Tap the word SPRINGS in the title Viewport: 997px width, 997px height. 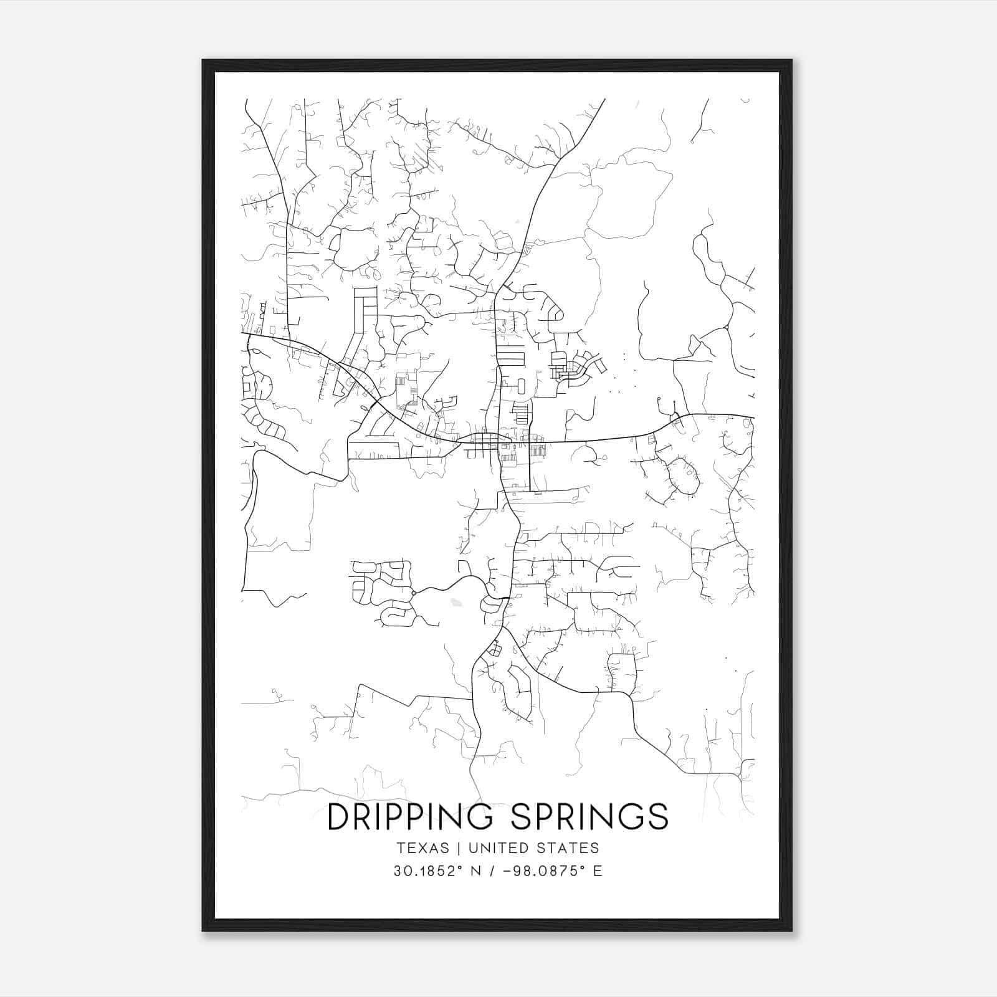(x=589, y=817)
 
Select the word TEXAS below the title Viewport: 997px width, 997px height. (x=422, y=848)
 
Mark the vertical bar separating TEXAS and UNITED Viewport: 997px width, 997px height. (x=459, y=848)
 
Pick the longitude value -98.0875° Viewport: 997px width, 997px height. (x=538, y=871)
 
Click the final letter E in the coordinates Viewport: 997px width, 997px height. (x=598, y=871)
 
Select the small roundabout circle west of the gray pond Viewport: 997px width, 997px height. (x=413, y=593)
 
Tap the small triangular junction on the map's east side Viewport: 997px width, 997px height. (x=727, y=327)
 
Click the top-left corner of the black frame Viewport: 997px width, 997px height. (x=204, y=61)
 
